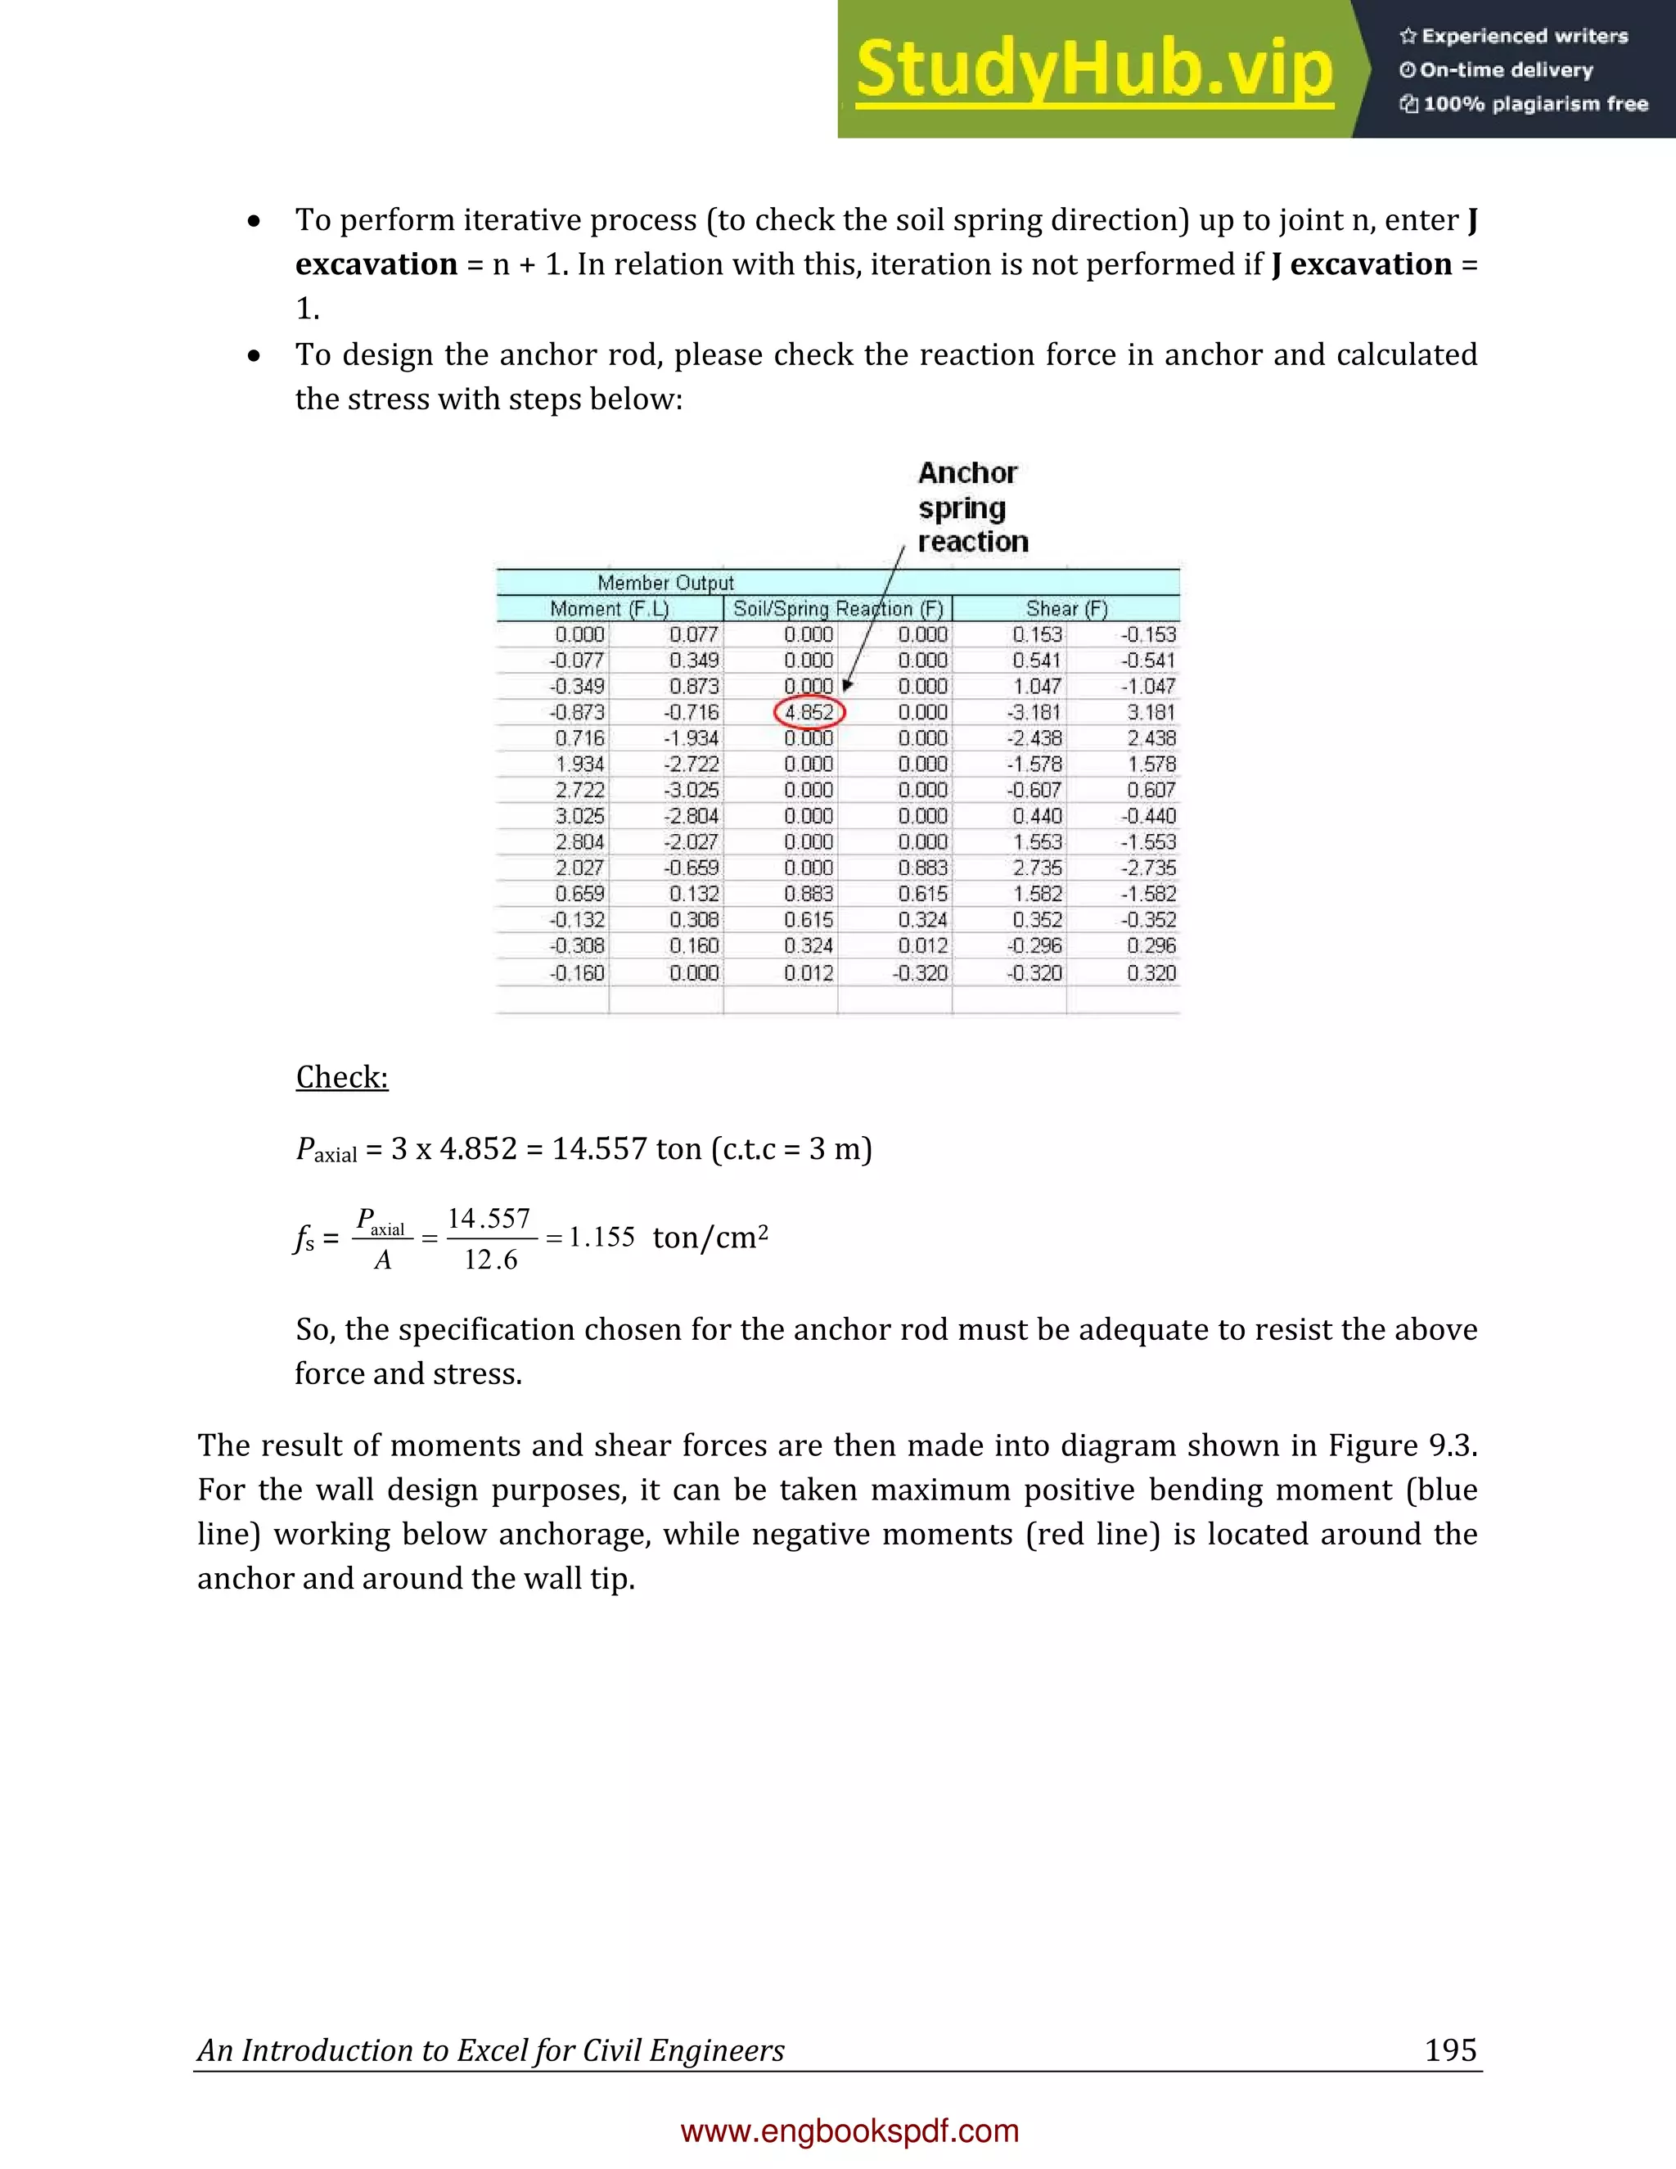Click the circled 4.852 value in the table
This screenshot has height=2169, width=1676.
[809, 712]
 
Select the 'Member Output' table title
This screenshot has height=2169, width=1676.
[665, 583]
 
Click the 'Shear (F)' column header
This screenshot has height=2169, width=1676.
[1066, 609]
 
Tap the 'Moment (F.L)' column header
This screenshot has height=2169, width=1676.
[610, 609]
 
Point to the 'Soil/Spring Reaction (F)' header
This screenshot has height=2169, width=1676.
[838, 609]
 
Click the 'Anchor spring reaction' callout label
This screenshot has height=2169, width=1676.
[971, 507]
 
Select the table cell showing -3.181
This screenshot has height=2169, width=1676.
[1035, 712]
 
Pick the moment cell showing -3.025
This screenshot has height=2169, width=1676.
[692, 791]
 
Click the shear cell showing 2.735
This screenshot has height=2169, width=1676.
[1038, 868]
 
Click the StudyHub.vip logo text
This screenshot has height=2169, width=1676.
[1094, 70]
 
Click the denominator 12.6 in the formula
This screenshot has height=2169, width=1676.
[490, 1260]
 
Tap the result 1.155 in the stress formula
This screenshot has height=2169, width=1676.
[601, 1238]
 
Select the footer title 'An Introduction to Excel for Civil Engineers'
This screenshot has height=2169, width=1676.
[490, 2051]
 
